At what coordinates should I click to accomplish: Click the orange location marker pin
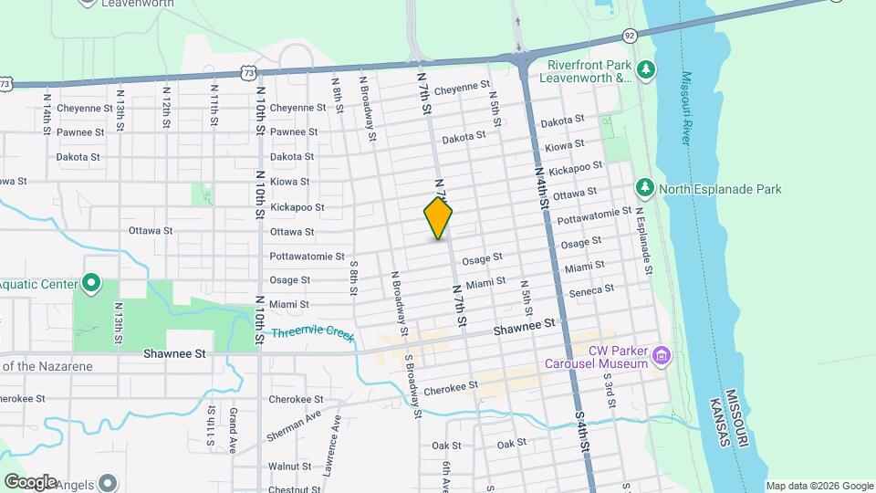coord(438,217)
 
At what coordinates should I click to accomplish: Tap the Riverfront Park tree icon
coord(647,69)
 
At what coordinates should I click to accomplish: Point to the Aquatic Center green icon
coord(91,283)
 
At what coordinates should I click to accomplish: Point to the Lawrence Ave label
coord(330,438)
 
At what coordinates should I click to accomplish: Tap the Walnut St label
coord(289,467)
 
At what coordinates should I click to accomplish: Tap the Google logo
coord(29,482)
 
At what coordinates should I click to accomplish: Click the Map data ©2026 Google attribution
coord(819,486)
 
